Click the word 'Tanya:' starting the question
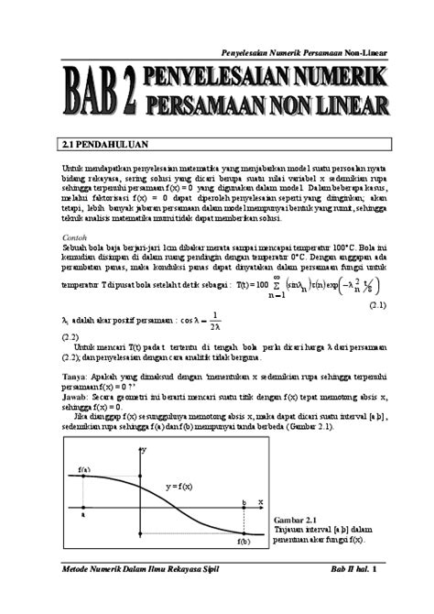tap(75, 375)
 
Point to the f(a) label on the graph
tap(84, 469)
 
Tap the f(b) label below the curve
tap(244, 542)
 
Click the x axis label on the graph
tap(260, 502)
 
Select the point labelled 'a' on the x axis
tap(83, 514)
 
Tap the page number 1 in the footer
tap(374, 571)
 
